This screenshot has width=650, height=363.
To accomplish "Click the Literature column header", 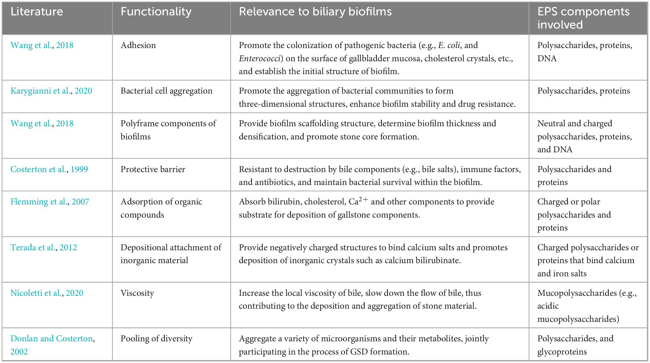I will tap(37, 12).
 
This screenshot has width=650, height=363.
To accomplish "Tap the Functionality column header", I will tap(156, 12).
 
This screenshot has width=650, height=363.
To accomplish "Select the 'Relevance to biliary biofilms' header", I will tap(315, 12).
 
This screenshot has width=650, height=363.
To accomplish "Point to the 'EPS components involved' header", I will tap(583, 18).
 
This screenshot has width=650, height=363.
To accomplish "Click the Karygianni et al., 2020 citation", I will tap(51, 91).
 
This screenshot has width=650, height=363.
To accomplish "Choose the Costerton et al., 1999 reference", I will tap(49, 169).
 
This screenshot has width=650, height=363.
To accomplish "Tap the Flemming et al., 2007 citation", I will tap(50, 202).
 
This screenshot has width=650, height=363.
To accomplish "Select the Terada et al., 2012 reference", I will tap(44, 247).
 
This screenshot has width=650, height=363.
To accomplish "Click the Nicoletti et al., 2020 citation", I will tap(47, 293).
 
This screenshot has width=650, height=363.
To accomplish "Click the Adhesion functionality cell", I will tap(138, 45).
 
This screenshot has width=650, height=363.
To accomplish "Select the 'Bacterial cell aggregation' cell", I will tap(166, 91).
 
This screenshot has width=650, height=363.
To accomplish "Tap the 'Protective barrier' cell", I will tap(153, 169).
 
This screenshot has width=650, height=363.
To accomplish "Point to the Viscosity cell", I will tap(137, 293).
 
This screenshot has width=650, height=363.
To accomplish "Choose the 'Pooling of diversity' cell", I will tap(156, 339).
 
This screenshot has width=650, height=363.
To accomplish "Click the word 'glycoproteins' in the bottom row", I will tap(562, 352).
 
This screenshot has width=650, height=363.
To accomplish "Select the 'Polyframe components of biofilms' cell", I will tap(168, 130).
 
